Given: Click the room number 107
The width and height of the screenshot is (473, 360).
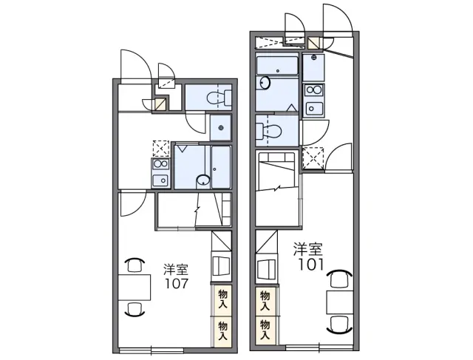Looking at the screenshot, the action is (x=177, y=284).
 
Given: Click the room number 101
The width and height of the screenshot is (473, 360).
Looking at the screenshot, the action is (x=311, y=265).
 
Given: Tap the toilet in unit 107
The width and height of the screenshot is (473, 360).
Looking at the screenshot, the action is (x=219, y=98).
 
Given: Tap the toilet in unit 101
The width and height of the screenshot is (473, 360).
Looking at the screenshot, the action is (x=268, y=132).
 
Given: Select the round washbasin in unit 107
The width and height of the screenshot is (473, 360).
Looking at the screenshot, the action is (x=203, y=181).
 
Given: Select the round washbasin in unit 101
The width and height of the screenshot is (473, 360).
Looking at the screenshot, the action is (x=265, y=83).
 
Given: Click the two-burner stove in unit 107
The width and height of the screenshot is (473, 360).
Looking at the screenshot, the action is (x=161, y=164).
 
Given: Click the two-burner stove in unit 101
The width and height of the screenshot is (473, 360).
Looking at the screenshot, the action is (x=313, y=90).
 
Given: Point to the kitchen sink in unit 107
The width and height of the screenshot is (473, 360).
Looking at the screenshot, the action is (x=161, y=180).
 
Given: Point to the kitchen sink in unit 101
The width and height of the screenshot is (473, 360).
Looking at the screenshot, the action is (x=314, y=108).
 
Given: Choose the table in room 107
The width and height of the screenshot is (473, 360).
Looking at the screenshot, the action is (x=135, y=288).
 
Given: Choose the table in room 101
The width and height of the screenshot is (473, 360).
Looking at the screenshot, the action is (x=340, y=302).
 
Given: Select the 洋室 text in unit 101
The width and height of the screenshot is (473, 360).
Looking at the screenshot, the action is (x=308, y=250).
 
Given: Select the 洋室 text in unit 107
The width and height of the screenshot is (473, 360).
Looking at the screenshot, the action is (x=176, y=269).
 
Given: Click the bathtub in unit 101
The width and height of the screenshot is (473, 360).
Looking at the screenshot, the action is (x=277, y=64).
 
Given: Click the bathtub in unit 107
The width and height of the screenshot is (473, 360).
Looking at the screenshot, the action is (x=221, y=167).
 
